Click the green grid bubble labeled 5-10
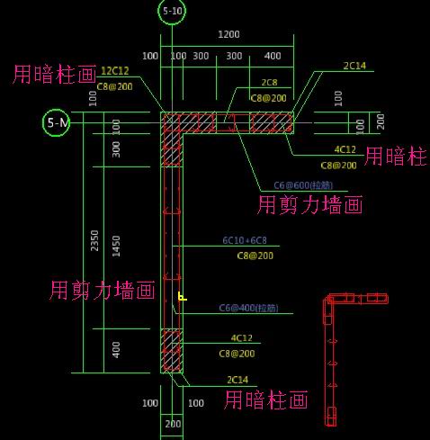click(x=172, y=12)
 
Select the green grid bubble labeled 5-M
click(x=56, y=122)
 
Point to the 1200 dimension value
click(x=228, y=34)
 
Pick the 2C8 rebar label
click(x=269, y=83)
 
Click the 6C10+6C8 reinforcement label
click(x=245, y=241)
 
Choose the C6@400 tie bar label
click(x=248, y=309)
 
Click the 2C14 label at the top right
click(x=354, y=66)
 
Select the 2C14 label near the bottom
click(x=237, y=380)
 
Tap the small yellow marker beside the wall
click(x=182, y=295)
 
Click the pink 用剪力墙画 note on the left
click(x=102, y=290)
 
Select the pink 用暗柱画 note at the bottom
click(x=266, y=400)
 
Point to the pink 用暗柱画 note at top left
click(x=54, y=75)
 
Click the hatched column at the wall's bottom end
click(x=171, y=351)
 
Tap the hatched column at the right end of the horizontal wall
click(x=271, y=122)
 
